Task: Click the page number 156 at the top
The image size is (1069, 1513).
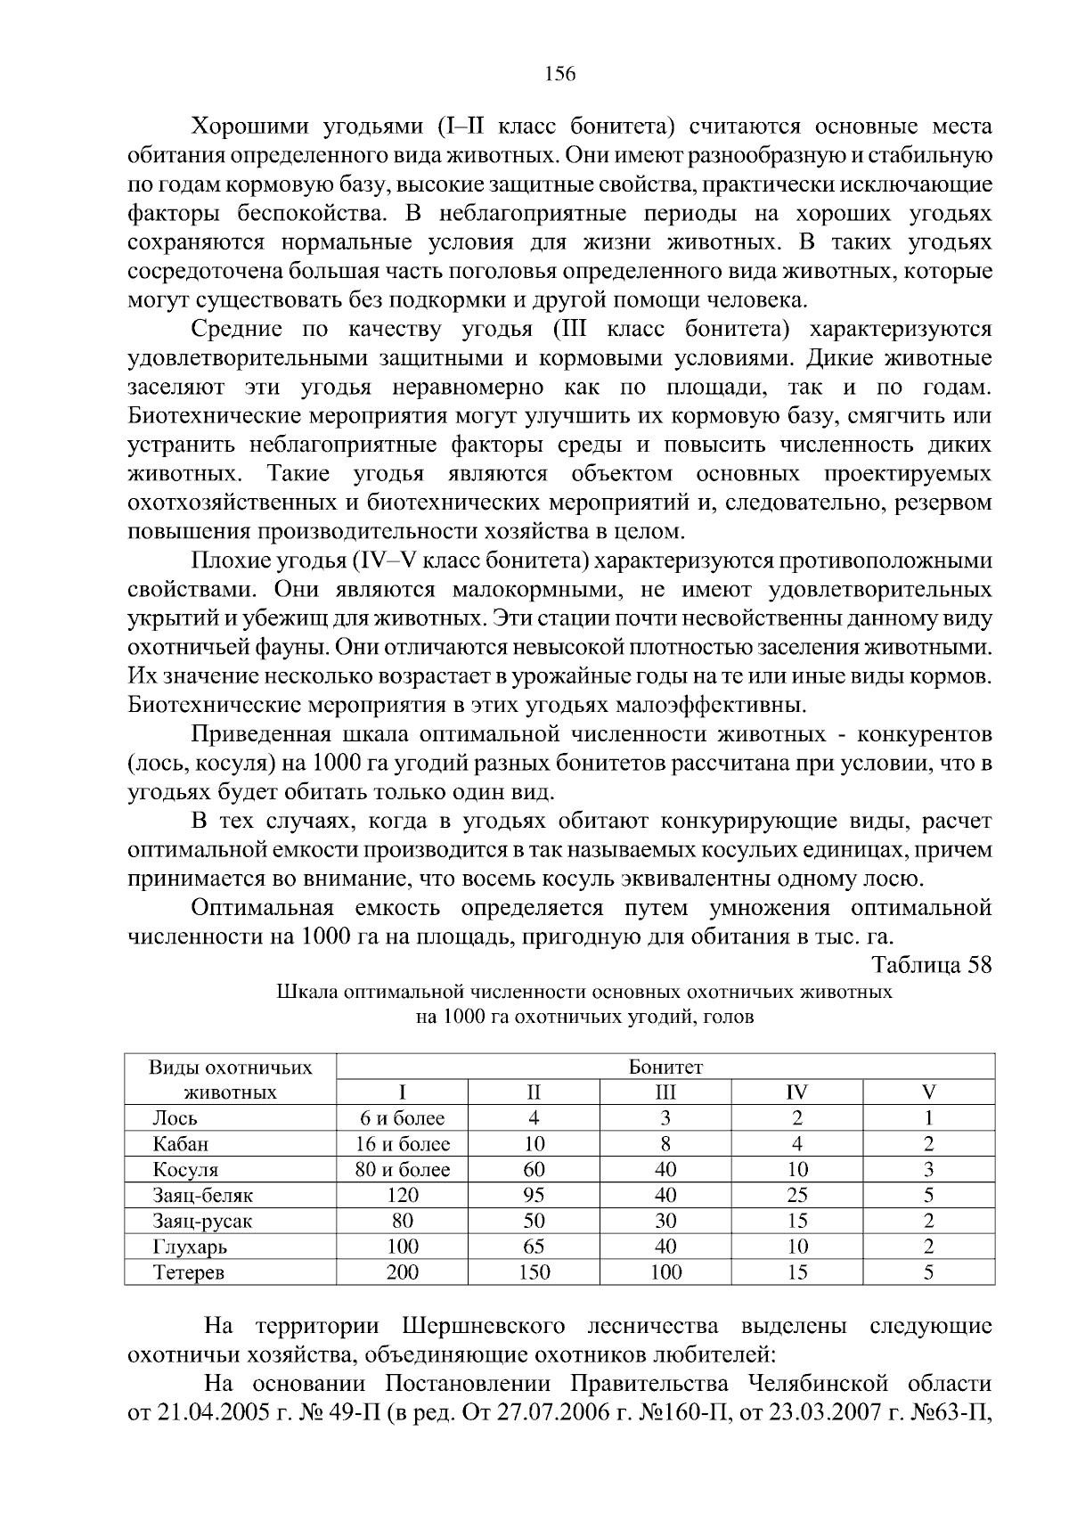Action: click(x=560, y=74)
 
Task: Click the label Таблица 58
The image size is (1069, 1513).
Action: click(x=931, y=965)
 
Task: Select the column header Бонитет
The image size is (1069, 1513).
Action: click(x=665, y=1067)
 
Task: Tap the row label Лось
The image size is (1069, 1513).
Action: click(x=175, y=1117)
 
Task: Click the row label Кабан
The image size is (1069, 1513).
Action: click(x=181, y=1143)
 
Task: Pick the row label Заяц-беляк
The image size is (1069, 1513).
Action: click(x=202, y=1195)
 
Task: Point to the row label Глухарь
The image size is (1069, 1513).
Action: click(x=190, y=1247)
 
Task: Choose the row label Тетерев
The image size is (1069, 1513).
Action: click(x=189, y=1272)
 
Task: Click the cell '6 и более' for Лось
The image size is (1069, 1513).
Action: click(x=403, y=1117)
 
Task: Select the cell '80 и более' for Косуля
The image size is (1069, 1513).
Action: click(x=403, y=1169)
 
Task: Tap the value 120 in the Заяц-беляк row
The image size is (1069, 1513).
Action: click(x=403, y=1195)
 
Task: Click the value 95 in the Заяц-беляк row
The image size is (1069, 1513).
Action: click(x=534, y=1195)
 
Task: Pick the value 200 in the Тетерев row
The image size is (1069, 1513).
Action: click(x=403, y=1272)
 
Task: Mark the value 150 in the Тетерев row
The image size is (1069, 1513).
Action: click(x=534, y=1272)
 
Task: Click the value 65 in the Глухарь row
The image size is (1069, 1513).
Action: click(x=534, y=1247)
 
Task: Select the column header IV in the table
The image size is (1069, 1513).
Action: click(x=797, y=1092)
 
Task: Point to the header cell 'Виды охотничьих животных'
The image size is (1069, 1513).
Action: click(x=230, y=1079)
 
